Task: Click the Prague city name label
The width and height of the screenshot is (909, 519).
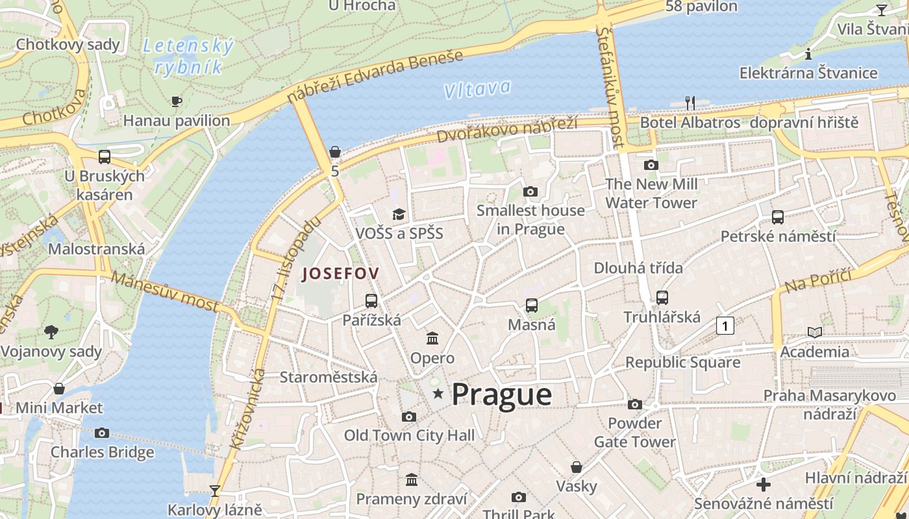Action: click(x=501, y=394)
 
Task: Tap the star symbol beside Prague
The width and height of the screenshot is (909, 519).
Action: click(x=438, y=393)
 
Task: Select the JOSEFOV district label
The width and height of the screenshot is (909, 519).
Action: click(x=340, y=274)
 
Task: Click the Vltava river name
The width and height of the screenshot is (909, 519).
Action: click(x=477, y=90)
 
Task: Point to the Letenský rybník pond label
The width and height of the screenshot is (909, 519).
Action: click(x=188, y=56)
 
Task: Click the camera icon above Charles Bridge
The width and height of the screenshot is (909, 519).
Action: click(x=102, y=433)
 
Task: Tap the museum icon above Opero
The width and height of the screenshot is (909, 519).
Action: click(x=432, y=338)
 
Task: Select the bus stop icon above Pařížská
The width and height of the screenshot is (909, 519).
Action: click(x=371, y=301)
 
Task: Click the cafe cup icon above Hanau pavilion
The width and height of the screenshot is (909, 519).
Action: click(x=176, y=101)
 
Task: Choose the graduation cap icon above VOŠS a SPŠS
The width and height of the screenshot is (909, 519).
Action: click(x=399, y=214)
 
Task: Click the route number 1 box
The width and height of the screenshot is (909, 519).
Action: click(x=725, y=326)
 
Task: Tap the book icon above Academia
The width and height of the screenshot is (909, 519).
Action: click(x=814, y=332)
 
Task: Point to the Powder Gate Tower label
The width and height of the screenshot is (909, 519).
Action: click(x=634, y=433)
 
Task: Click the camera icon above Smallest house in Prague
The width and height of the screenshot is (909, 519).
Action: click(x=530, y=191)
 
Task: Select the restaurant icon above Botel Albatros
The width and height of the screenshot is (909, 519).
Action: click(x=690, y=103)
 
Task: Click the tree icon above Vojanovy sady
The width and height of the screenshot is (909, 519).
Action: click(x=51, y=332)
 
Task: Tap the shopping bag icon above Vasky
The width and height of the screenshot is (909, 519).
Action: click(x=576, y=467)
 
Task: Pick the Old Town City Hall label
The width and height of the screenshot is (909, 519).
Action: click(x=409, y=435)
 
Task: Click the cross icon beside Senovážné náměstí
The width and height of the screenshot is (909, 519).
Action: click(x=764, y=484)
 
